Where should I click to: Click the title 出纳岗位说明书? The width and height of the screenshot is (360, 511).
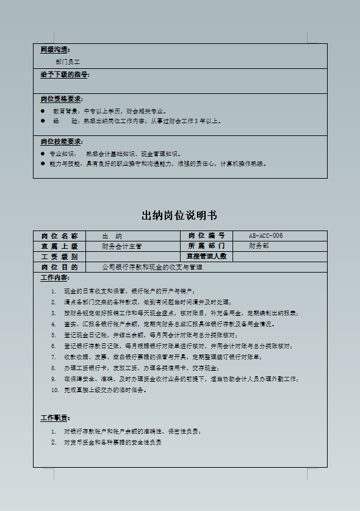179,216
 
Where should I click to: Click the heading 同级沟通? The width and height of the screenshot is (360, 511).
55,49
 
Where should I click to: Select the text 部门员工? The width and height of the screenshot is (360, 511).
67,62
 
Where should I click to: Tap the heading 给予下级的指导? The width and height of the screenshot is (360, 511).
65,75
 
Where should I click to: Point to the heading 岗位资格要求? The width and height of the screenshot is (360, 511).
62,99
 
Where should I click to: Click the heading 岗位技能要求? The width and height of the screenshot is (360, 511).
62,141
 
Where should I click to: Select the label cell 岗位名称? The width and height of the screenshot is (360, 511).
59,236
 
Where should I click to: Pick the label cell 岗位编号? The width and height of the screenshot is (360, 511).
206,236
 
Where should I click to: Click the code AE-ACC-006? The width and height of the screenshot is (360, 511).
265,236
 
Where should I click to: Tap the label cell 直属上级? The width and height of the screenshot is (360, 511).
59,246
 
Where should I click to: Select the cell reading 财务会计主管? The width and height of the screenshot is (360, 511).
122,246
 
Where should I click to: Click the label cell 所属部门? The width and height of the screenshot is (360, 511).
206,246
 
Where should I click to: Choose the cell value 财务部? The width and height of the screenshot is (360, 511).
259,246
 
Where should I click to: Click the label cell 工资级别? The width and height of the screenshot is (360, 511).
59,257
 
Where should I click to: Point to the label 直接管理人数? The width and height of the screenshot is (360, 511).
206,257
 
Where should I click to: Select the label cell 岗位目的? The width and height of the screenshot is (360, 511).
59,267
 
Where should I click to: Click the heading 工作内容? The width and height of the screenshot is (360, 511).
54,278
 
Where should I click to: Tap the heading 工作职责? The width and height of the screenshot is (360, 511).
54,418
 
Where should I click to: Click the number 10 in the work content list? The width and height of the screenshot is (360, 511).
54,390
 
